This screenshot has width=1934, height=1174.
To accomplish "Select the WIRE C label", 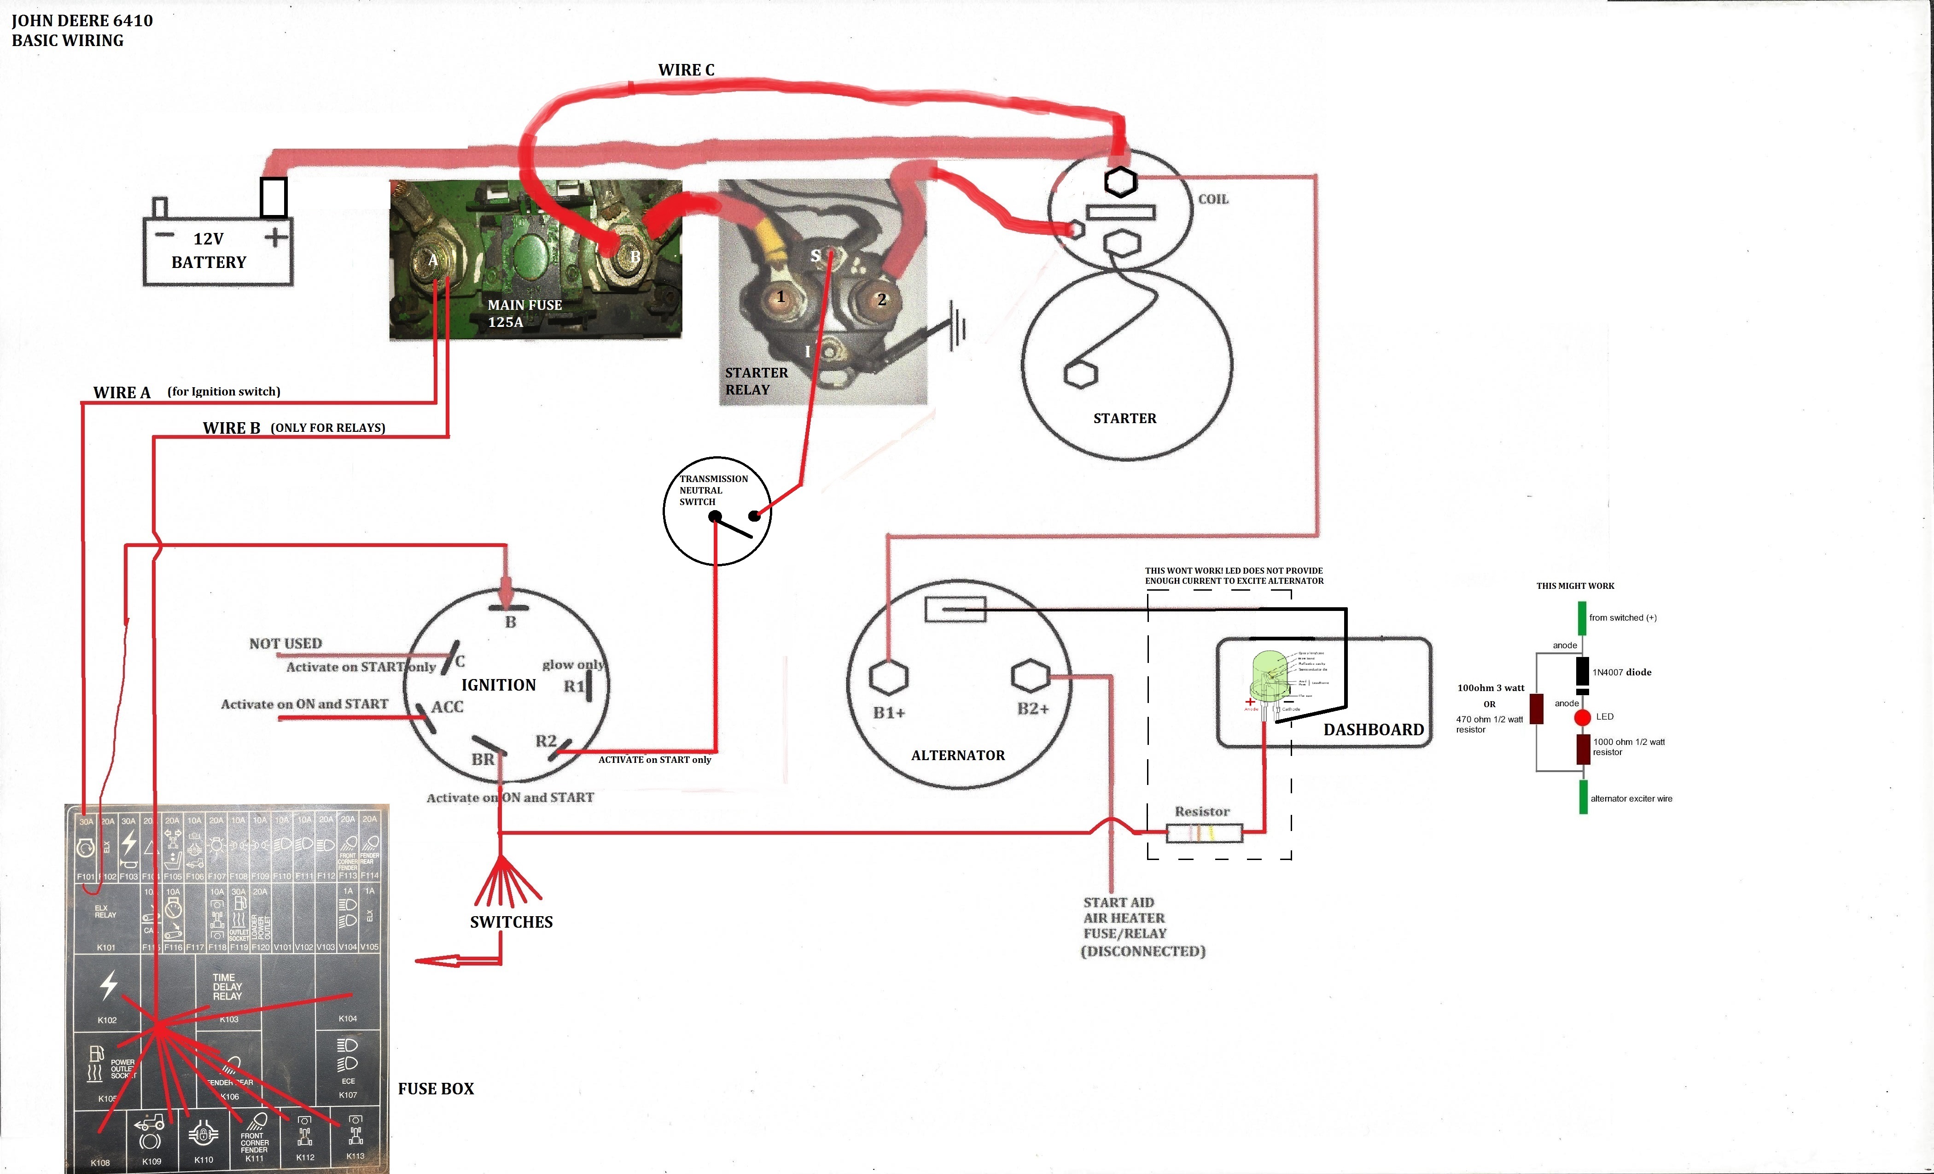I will (x=686, y=70).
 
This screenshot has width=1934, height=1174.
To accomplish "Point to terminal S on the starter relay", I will (x=816, y=255).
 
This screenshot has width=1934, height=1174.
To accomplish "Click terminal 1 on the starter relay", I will (x=780, y=296).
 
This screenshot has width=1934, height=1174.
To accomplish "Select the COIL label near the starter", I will (x=1213, y=199).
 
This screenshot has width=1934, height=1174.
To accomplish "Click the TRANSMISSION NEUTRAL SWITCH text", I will (x=713, y=490).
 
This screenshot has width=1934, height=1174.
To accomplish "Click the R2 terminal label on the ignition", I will (x=546, y=741).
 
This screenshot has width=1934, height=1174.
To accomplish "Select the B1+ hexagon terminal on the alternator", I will (x=889, y=676).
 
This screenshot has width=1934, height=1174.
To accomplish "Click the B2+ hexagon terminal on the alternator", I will (x=1031, y=675).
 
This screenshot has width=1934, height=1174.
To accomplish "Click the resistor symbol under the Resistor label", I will (x=1204, y=833).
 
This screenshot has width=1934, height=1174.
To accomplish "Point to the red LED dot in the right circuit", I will (x=1582, y=716).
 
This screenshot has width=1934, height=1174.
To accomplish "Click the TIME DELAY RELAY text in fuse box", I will (x=227, y=987).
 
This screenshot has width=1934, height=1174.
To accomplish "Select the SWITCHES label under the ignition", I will (x=511, y=922).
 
